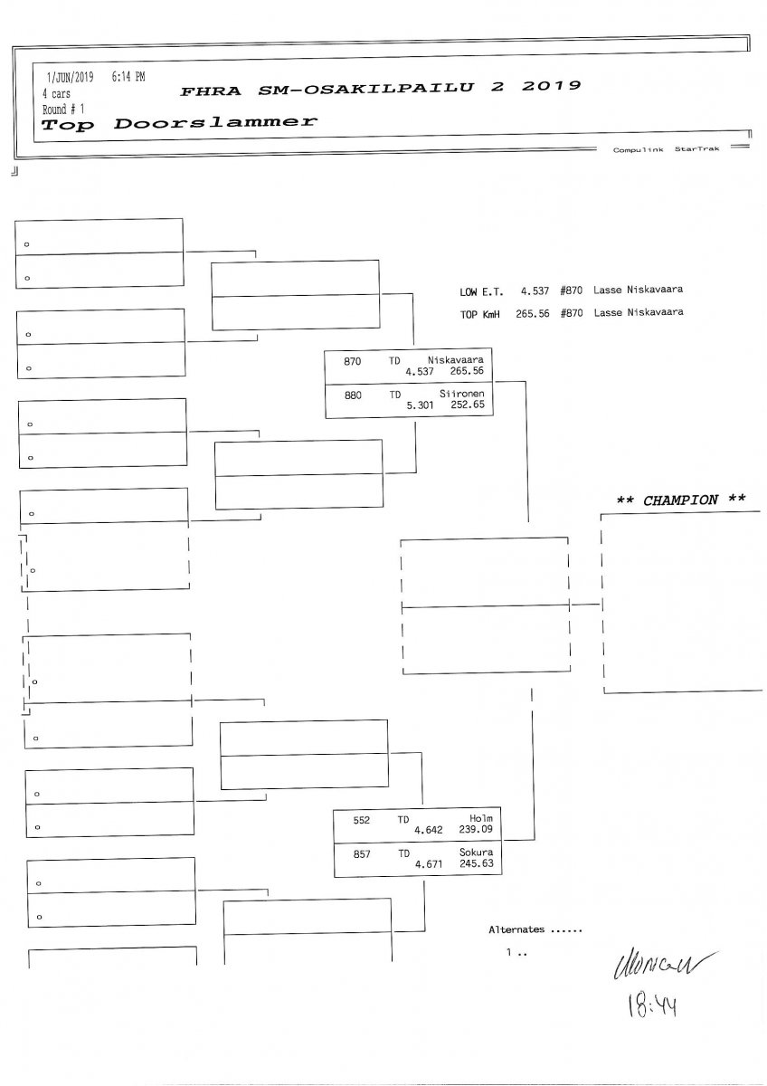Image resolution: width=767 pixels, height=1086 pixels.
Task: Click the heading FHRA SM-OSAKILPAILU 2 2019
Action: [x=380, y=89]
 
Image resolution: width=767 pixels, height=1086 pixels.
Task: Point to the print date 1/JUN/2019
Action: [x=70, y=78]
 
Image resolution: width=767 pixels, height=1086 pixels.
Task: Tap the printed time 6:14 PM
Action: [x=128, y=78]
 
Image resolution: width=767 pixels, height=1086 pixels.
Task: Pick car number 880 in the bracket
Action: [x=352, y=395]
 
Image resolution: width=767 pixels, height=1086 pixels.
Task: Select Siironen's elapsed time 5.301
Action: [x=421, y=405]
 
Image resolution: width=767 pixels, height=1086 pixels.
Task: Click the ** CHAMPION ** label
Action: [x=680, y=500]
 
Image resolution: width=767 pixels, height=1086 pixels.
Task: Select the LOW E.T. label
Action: [x=481, y=292]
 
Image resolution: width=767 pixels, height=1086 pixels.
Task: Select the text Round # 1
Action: [x=62, y=108]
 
